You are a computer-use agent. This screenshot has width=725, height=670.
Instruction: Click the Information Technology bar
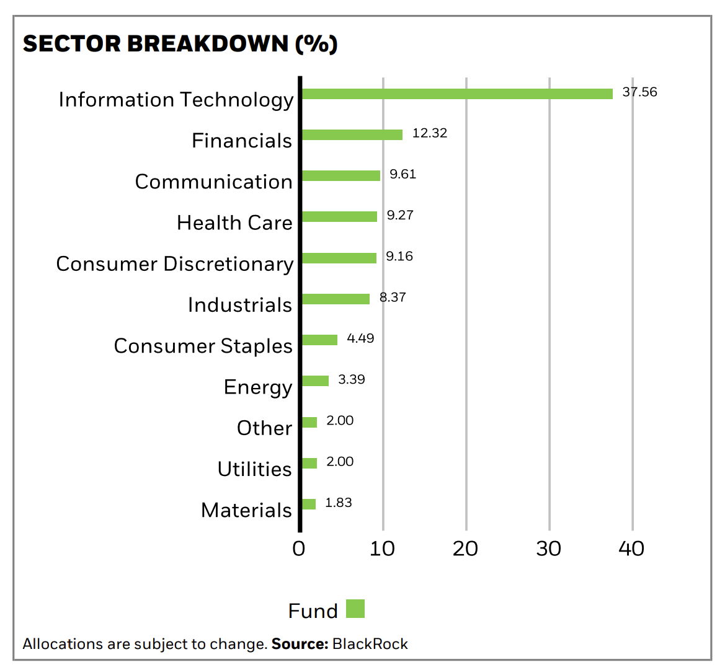pos(457,94)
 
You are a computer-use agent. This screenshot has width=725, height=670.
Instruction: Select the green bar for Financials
pos(352,134)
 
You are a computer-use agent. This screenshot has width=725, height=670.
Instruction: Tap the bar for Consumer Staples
pos(319,340)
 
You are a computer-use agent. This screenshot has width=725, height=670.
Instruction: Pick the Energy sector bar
pos(315,381)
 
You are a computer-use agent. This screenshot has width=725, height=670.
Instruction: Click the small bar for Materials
pos(309,504)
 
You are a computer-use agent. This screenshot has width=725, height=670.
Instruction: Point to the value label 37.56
pos(639,92)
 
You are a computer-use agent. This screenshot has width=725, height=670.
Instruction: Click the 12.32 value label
pos(430,133)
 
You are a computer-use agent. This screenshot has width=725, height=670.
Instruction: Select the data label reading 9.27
pos(400,215)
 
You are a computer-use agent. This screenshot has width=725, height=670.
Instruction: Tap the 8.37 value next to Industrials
pos(393,297)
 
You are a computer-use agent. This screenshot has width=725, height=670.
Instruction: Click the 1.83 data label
pos(339,502)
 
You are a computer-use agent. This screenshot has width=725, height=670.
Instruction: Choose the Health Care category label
pos(234,223)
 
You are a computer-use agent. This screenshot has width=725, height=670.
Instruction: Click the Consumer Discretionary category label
pos(175,264)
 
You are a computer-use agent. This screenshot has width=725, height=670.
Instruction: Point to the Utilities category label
pos(255,469)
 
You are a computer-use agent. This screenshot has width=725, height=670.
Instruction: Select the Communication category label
pos(213,182)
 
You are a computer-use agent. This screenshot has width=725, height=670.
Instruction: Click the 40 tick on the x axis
pos(631,549)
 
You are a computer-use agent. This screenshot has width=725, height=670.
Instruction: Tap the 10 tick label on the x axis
pos(383,549)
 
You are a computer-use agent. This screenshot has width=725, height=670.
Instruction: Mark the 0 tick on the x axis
pos(299,549)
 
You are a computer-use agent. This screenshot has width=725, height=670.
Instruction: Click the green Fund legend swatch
pos(355,609)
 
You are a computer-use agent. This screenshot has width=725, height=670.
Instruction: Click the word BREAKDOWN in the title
pos(208,43)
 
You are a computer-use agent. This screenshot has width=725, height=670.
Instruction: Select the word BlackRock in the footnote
pos(370,644)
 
